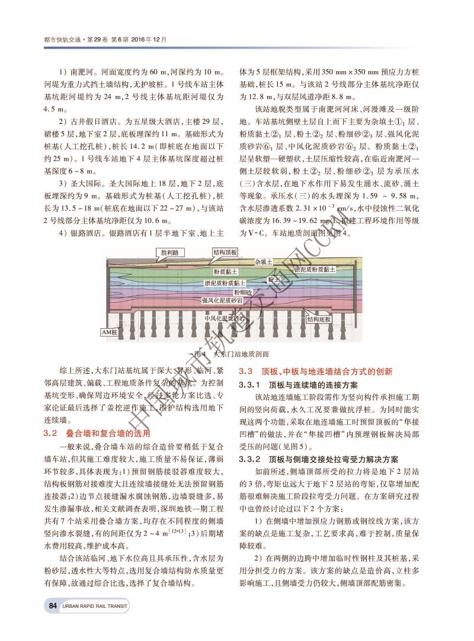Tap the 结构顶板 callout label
225,252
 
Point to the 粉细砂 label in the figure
242,292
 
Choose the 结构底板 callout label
319,319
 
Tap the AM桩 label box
111,333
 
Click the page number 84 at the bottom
53,605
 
